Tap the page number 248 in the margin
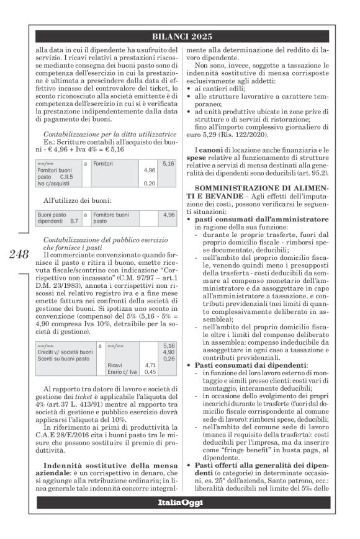[19, 254]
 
